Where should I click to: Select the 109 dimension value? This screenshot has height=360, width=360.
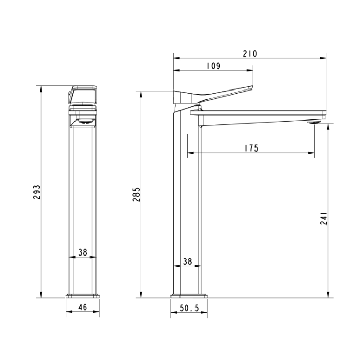tap(213, 66)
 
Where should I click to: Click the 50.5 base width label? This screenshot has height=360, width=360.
tap(189, 308)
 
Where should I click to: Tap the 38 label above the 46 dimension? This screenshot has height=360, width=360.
tap(82, 252)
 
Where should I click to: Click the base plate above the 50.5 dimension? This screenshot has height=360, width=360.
tap(189, 296)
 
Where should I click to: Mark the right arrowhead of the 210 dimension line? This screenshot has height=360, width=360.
tap(325, 58)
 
